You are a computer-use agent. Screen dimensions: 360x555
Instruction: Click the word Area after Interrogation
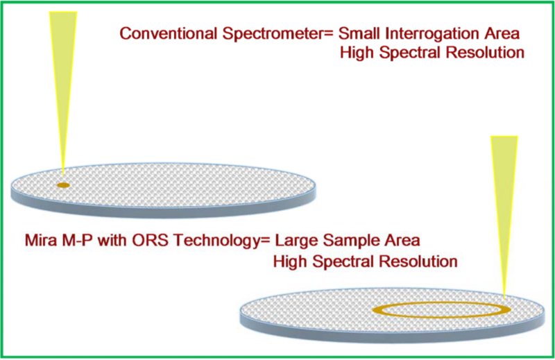[494, 33]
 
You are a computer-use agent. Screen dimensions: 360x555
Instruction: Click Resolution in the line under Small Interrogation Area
[483, 53]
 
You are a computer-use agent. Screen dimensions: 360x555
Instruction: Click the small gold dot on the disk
[63, 185]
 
